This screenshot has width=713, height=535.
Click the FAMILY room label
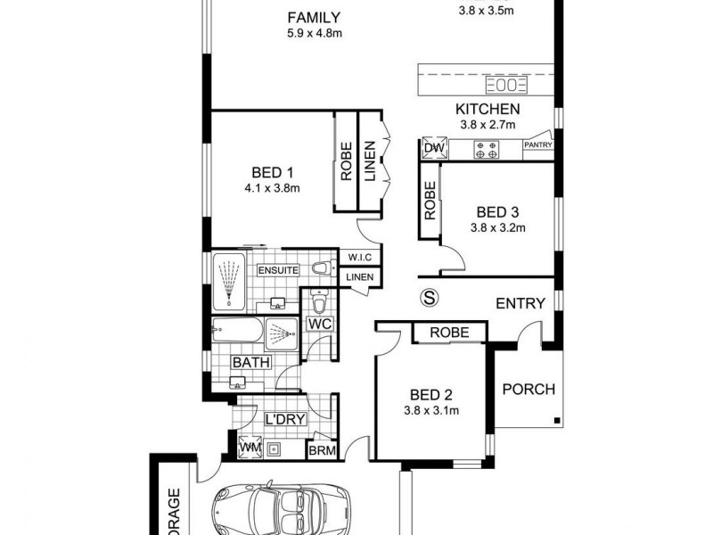point(315,17)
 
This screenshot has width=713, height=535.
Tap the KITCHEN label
point(487,109)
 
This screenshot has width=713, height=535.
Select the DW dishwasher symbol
point(434,149)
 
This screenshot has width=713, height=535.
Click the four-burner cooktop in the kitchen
point(487,149)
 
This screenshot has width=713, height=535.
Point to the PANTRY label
point(538,144)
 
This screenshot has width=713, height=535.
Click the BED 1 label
point(273,172)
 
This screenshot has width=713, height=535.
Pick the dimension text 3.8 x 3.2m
point(498,227)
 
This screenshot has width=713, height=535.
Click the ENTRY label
point(520,303)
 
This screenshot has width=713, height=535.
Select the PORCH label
point(529,389)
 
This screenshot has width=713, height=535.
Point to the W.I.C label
point(359,257)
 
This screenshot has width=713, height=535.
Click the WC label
point(320,324)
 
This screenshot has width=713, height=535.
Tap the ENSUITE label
point(278,269)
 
